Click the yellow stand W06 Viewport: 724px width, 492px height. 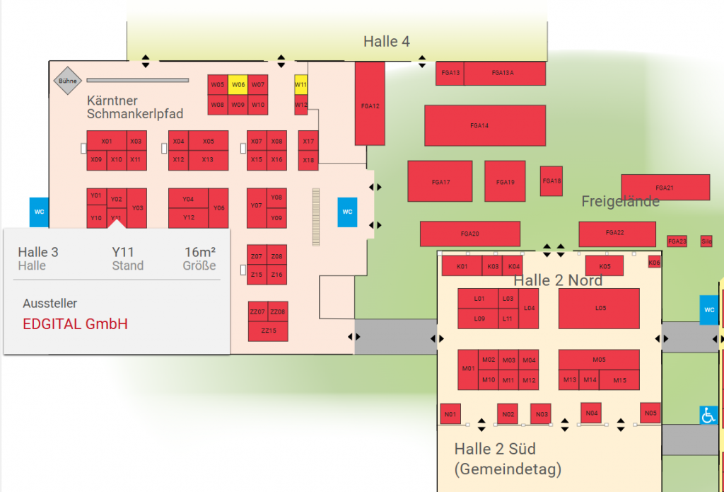pos(238,84)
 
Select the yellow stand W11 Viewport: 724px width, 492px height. pos(301,84)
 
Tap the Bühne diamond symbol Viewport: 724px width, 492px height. pos(67,81)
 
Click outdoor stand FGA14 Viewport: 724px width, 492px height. pos(485,125)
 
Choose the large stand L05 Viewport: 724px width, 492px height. pos(599,308)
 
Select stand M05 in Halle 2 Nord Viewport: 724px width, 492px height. pos(599,360)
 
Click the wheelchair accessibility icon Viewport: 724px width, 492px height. pos(708,416)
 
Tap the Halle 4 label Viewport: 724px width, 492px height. pos(386,41)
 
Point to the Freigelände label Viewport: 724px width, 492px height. pos(620,202)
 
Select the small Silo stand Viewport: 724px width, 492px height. pos(706,241)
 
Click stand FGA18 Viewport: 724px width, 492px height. pos(551,181)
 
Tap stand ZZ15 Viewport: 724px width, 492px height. pos(268,331)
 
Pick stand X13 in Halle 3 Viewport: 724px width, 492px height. pos(208,159)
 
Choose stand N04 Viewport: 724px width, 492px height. pos(592,413)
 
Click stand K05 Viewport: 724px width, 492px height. pos(604,266)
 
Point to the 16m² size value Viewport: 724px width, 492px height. pos(200,252)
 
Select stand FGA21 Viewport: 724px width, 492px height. pos(665,188)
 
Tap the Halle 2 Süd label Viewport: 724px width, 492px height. pos(494,449)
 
